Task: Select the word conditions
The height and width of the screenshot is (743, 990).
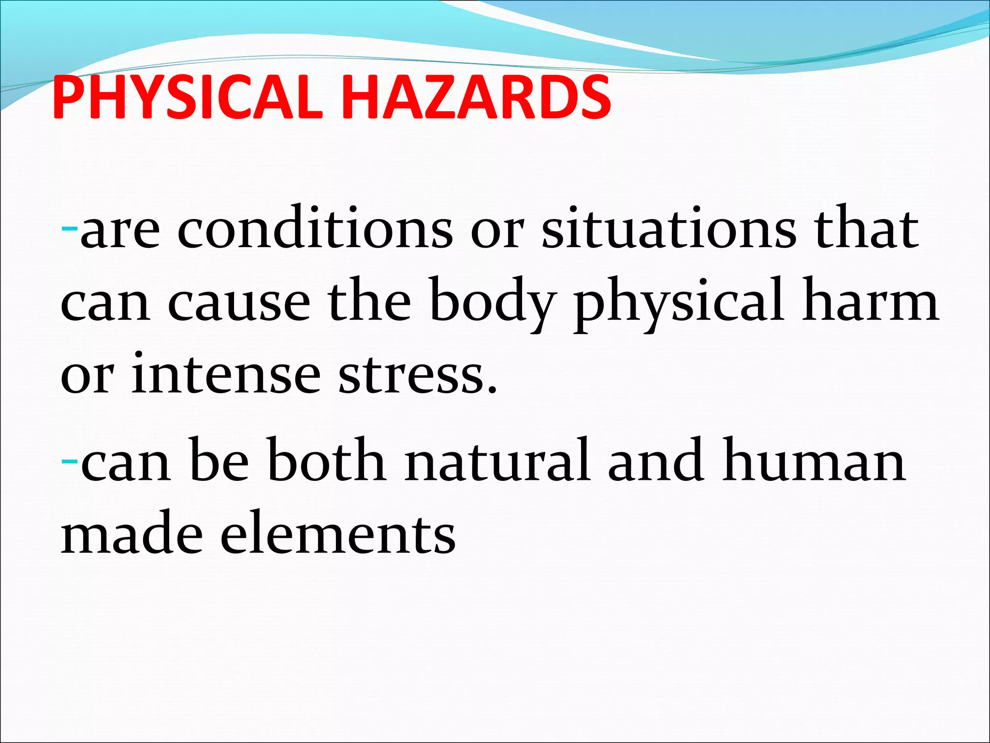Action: coord(315,228)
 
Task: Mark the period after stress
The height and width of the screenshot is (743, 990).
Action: coord(492,389)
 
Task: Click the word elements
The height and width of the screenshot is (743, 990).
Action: coord(338,535)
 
